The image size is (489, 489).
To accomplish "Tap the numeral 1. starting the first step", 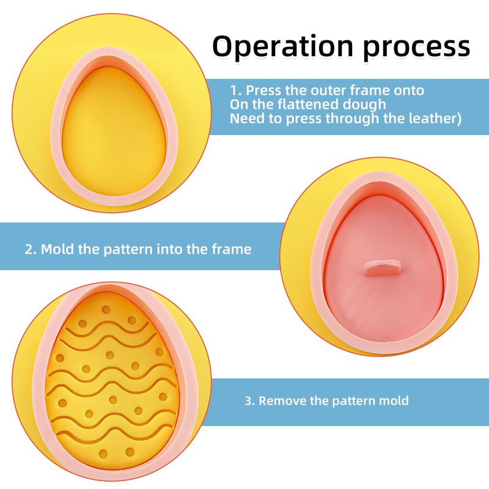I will [x=236, y=90].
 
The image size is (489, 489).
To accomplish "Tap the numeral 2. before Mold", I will [x=31, y=249].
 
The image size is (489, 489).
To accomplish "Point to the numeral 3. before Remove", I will [x=249, y=401].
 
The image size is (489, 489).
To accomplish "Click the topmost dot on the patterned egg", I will [x=105, y=310].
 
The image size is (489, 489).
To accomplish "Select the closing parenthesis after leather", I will [x=458, y=119].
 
